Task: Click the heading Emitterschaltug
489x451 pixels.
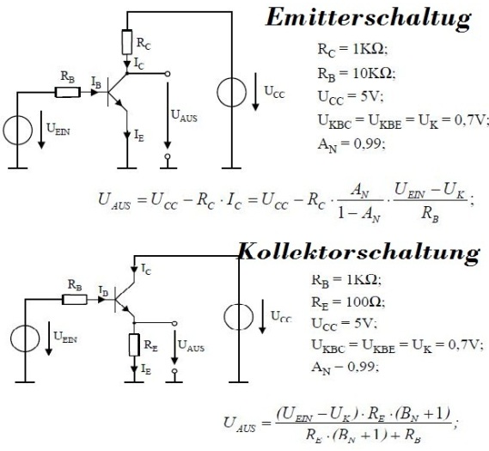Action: (369, 19)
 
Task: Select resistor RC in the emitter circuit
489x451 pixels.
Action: (127, 42)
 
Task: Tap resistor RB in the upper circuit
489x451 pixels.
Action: (68, 92)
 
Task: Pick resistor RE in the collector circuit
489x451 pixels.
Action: (134, 344)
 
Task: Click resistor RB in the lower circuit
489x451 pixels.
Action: (75, 300)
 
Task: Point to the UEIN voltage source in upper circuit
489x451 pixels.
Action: (18, 130)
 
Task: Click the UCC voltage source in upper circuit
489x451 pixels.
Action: (231, 93)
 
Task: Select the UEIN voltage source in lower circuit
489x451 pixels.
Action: (25, 338)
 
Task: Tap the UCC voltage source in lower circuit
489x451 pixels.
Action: (239, 317)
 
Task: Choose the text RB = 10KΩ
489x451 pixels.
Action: (357, 75)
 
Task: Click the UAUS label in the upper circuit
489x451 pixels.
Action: (184, 116)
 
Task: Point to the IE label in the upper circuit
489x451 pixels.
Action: (139, 136)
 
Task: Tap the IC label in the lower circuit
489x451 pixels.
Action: (146, 269)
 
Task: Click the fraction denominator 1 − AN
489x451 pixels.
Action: (359, 215)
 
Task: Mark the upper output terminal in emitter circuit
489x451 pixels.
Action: (168, 74)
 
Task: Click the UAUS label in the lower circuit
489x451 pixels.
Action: (191, 345)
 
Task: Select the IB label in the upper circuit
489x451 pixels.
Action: (96, 82)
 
